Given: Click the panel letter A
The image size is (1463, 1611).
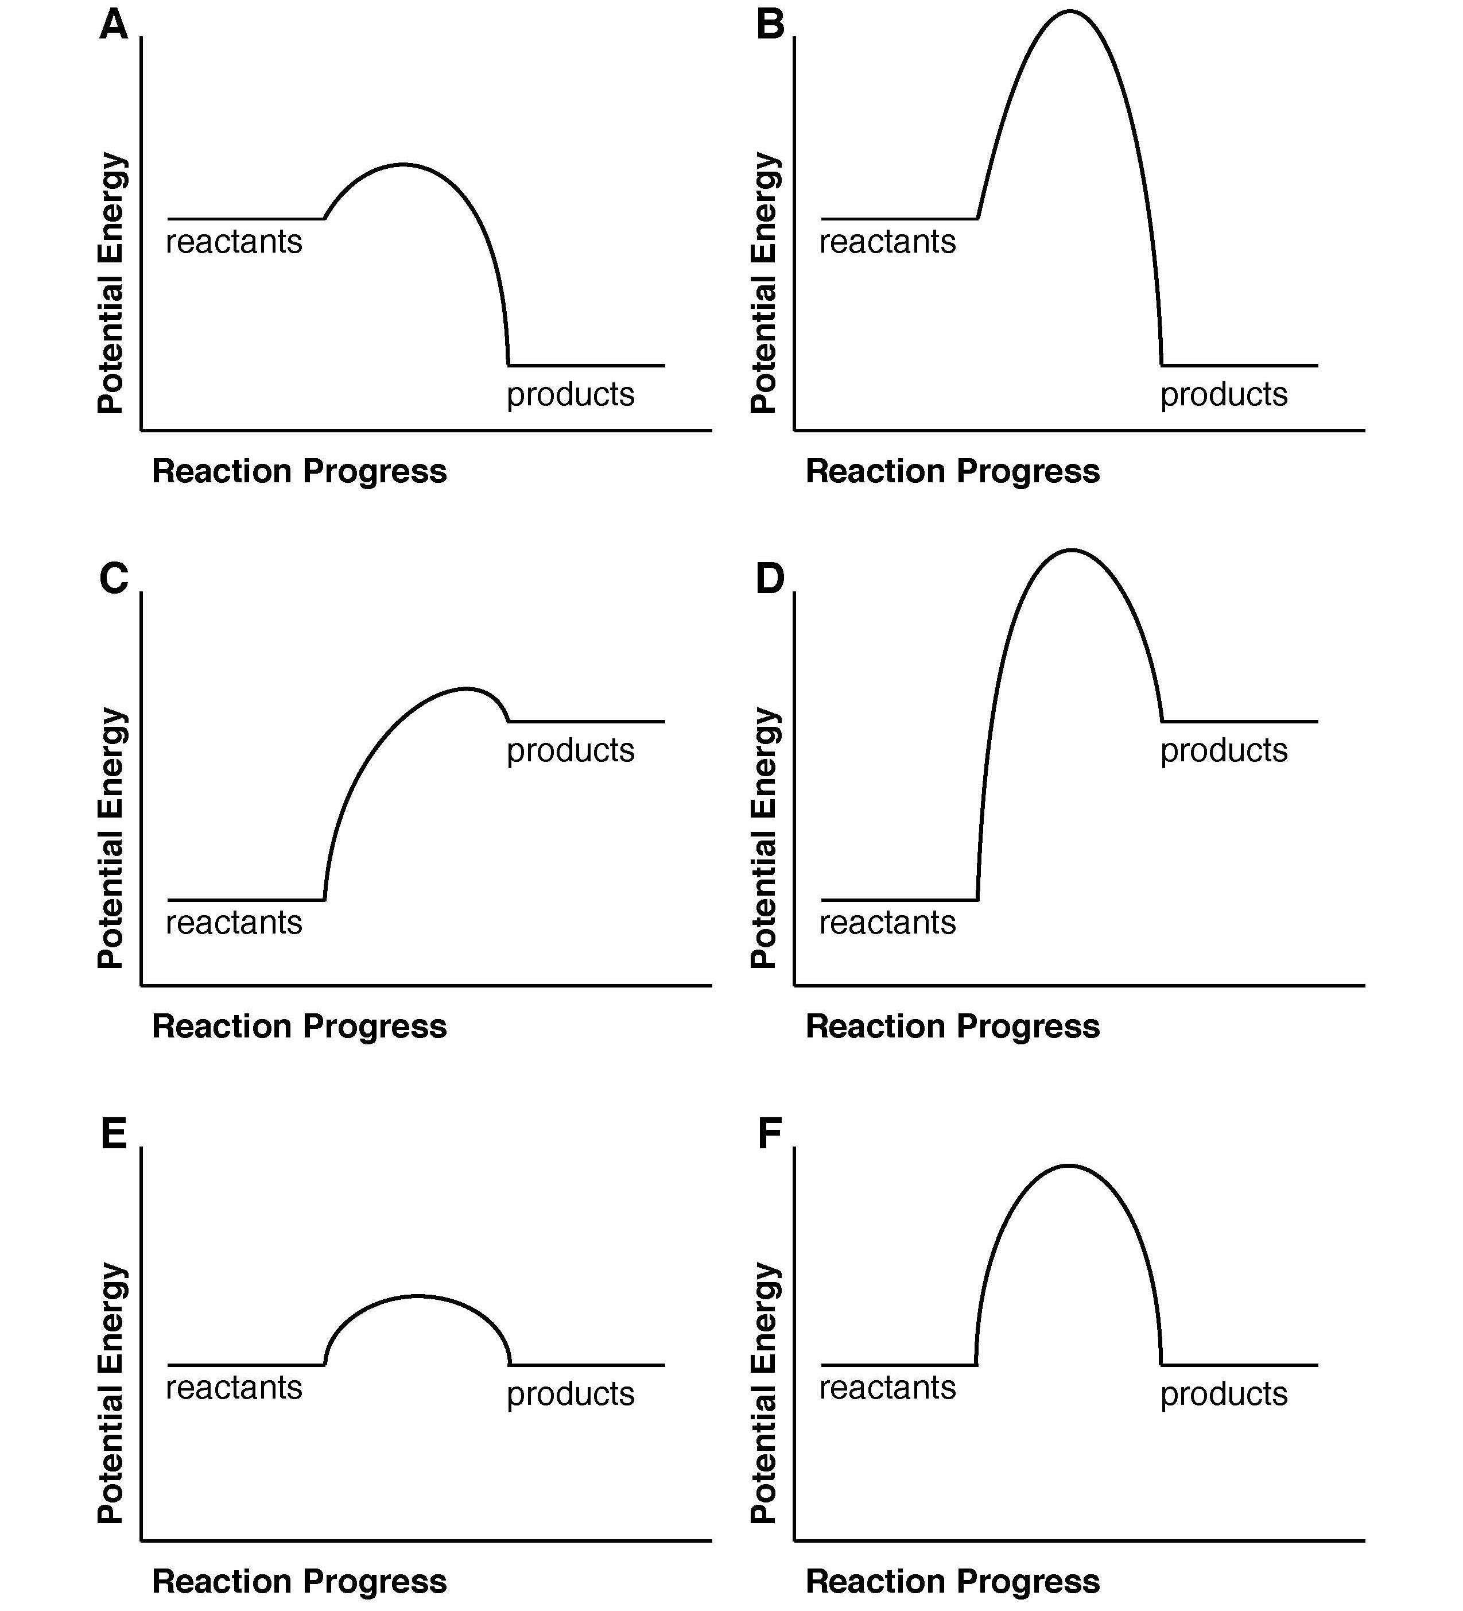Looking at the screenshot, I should click(x=114, y=24).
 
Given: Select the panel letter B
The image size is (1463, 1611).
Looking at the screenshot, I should click(x=770, y=24).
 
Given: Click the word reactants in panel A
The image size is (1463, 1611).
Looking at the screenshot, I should click(x=234, y=241).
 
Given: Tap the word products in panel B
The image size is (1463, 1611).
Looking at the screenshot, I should click(x=1223, y=394).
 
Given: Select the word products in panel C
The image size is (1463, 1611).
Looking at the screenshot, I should click(x=571, y=750).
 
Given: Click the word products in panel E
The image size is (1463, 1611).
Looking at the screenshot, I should click(x=571, y=1393).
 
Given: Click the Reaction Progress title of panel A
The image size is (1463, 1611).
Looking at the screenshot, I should click(x=299, y=471).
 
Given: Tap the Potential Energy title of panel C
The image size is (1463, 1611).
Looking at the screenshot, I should click(x=111, y=838).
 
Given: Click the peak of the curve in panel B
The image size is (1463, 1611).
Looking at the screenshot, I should click(x=1069, y=11).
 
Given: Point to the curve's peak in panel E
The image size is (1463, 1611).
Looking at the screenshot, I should click(x=417, y=1296).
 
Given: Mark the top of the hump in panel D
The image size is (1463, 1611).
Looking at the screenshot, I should click(x=1070, y=550).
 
